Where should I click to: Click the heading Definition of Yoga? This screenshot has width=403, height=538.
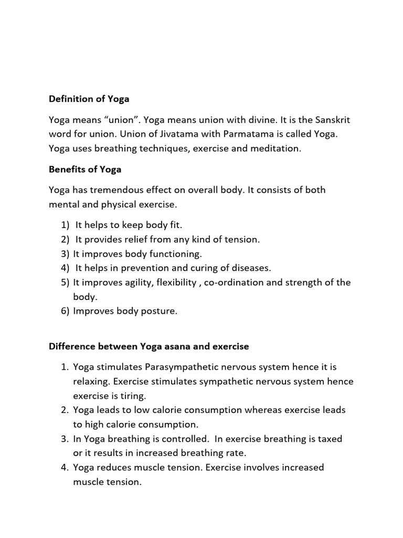tap(89, 98)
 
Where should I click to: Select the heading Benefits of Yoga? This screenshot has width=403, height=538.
tap(86, 169)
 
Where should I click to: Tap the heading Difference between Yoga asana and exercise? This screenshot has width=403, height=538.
tap(149, 347)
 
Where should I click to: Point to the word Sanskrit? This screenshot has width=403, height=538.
tap(329, 120)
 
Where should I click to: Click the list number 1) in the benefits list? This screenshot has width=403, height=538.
tap(65, 225)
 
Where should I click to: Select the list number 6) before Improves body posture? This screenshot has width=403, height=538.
tap(65, 311)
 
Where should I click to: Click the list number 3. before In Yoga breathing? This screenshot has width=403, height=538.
tap(65, 439)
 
